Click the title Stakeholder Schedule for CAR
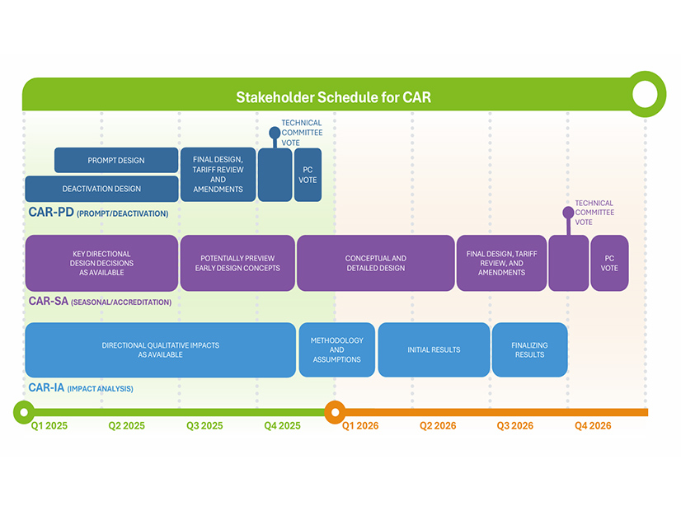(333, 97)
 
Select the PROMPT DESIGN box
(116, 161)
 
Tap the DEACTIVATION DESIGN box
(101, 189)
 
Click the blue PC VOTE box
(308, 175)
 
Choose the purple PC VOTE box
(609, 263)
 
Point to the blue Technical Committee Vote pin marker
(275, 132)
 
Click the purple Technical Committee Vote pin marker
(568, 213)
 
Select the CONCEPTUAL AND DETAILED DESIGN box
(375, 263)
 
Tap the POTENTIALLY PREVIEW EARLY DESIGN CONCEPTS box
(237, 263)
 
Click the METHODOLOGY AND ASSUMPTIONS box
(336, 349)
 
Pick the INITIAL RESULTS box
(434, 349)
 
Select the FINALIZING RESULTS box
(529, 349)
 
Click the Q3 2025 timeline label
(204, 426)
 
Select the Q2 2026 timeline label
(438, 426)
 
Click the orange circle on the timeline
(334, 411)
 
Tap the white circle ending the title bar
(645, 96)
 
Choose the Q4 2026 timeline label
(593, 426)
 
